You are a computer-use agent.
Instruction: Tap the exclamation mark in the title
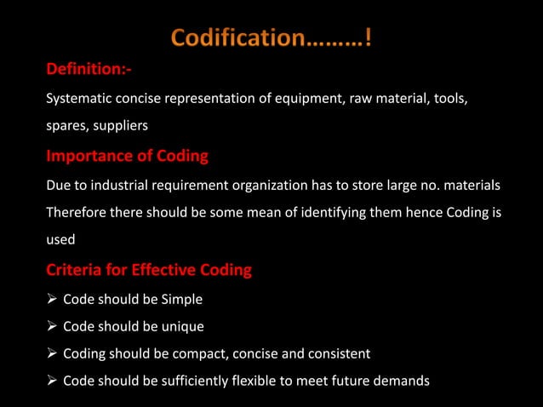tap(367, 39)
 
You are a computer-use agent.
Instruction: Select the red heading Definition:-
tap(89, 69)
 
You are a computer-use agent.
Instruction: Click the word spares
tap(65, 125)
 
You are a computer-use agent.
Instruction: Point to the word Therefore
tap(77, 211)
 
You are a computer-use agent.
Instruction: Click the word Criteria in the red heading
tap(74, 271)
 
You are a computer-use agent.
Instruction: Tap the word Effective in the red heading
tap(163, 271)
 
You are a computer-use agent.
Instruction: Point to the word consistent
tap(339, 353)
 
